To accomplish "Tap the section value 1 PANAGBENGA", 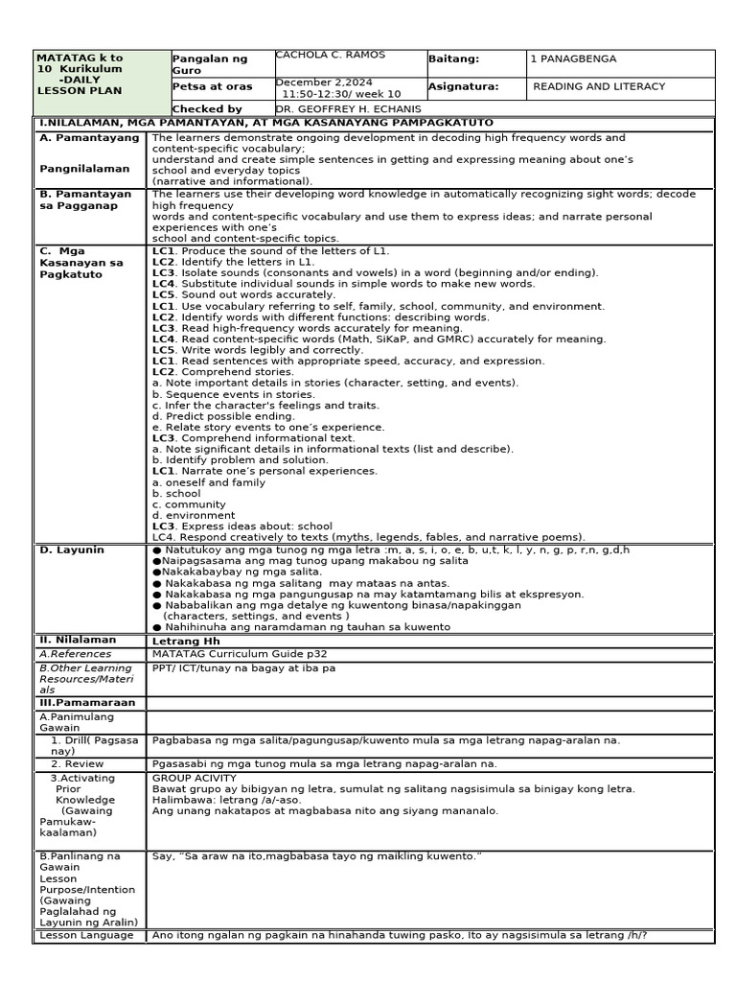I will [x=573, y=59].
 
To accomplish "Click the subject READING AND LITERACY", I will [x=599, y=86].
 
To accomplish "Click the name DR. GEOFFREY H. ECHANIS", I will [x=348, y=109].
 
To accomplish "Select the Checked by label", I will [x=207, y=109].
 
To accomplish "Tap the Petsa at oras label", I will [x=212, y=86].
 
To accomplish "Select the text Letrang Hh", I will [x=186, y=641].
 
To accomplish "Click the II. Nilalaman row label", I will [x=77, y=640].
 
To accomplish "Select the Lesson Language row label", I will [x=86, y=935].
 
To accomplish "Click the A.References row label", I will [x=76, y=654].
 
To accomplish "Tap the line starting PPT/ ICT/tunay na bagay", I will [x=243, y=667].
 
